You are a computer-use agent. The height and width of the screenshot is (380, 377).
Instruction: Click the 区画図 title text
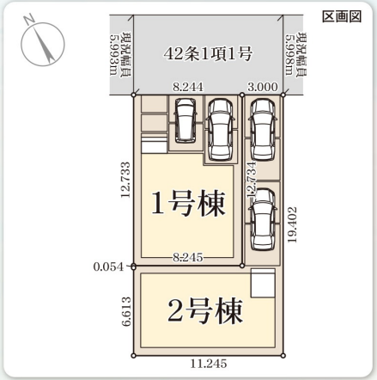[x=346, y=16]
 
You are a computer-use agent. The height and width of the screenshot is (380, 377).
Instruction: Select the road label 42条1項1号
[x=208, y=54]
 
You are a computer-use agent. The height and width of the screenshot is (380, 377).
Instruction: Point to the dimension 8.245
[x=187, y=256]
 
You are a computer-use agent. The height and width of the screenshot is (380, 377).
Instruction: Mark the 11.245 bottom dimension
[x=211, y=364]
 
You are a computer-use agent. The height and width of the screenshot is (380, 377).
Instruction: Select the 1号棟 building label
[x=188, y=204]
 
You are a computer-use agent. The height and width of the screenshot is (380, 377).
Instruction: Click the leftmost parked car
[x=185, y=120]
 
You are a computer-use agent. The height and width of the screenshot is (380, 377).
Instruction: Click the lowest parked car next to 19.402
[x=263, y=213]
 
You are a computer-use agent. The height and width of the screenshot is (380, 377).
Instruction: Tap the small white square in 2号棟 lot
[x=262, y=283]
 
